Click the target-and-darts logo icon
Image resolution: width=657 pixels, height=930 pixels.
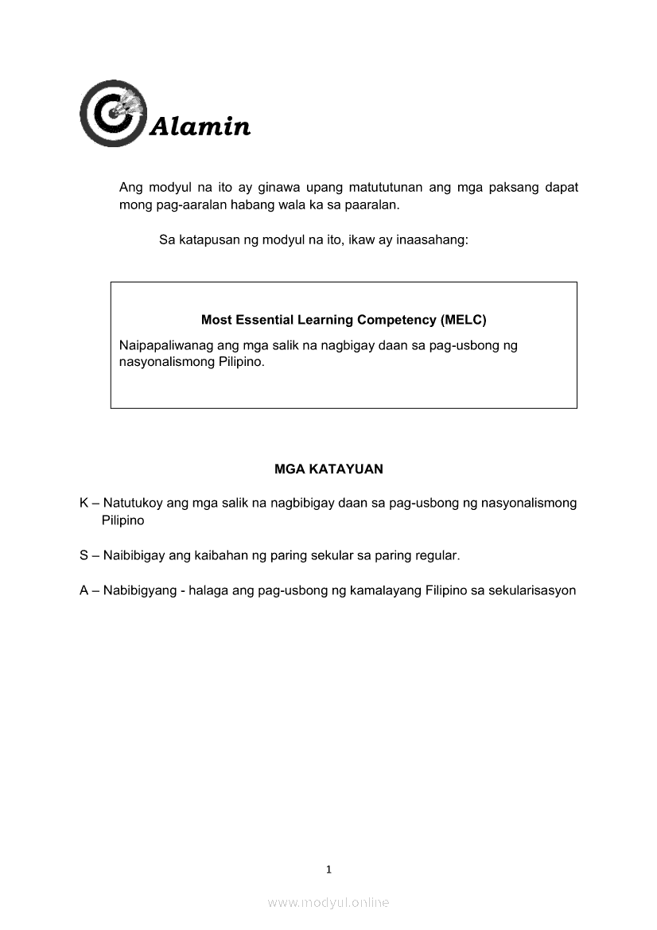coord(114,113)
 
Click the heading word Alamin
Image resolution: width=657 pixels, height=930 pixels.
coord(200,126)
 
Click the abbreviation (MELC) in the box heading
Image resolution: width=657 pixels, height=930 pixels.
coord(462,320)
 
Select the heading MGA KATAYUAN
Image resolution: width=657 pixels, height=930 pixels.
coord(328,469)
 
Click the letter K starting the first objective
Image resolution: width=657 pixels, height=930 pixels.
coord(84,503)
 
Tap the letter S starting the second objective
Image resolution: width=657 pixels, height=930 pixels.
coord(84,555)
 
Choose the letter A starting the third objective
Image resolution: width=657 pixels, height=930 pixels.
coord(84,591)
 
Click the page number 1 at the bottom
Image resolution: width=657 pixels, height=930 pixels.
coord(328,870)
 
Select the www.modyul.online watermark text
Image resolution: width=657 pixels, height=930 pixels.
coord(328,902)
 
